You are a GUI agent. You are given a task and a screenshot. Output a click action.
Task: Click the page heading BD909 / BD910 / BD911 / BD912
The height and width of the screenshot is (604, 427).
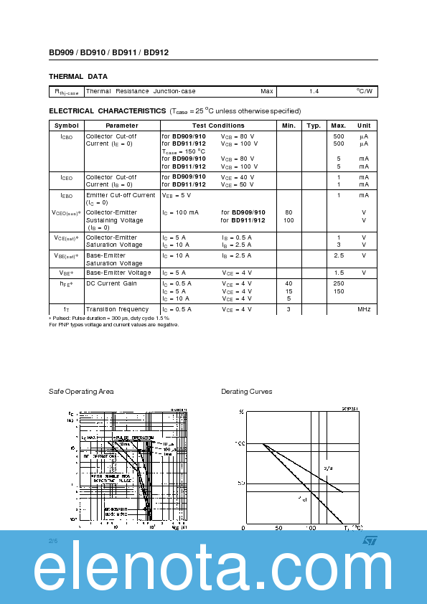[x=109, y=52]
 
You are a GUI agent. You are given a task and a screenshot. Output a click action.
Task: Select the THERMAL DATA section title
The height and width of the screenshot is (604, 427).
[x=78, y=76]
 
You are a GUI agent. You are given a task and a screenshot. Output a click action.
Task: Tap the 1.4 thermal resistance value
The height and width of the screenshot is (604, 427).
[x=314, y=92]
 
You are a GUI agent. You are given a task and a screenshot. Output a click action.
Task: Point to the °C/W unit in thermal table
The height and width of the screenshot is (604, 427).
[x=365, y=92]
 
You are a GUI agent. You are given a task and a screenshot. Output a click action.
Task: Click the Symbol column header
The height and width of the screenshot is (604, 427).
[x=67, y=126]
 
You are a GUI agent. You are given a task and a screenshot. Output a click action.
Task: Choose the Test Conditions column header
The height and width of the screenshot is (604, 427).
[x=218, y=126]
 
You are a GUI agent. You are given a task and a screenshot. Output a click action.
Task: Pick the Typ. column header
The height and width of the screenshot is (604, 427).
[x=314, y=126]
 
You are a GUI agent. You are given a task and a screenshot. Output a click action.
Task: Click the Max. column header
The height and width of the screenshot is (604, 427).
[x=339, y=126]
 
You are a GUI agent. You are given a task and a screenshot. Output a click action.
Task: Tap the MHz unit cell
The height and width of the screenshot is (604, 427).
[x=365, y=309]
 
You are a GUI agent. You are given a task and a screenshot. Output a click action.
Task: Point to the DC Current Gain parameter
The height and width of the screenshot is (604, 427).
[x=111, y=283]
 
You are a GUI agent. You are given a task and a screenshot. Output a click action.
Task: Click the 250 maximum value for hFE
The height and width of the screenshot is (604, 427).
[x=339, y=283]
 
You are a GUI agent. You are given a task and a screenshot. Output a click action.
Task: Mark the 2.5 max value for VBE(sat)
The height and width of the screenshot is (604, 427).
[x=339, y=255]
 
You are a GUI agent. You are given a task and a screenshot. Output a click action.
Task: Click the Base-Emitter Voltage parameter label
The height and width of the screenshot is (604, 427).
[x=118, y=273]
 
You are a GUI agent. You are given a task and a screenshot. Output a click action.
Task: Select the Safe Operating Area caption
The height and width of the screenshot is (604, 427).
[x=81, y=392]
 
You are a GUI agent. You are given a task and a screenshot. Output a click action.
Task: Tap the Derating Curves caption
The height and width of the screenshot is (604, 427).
[x=246, y=392]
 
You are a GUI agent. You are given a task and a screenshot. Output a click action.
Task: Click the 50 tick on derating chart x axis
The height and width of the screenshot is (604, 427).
[x=278, y=527]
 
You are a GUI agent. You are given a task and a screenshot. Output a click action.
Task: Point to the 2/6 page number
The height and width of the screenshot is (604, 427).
[x=52, y=539]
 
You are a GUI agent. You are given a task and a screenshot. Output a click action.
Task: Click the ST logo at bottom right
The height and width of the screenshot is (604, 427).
[x=370, y=540]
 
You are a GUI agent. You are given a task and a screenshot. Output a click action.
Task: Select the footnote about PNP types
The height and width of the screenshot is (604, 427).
[x=114, y=324]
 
